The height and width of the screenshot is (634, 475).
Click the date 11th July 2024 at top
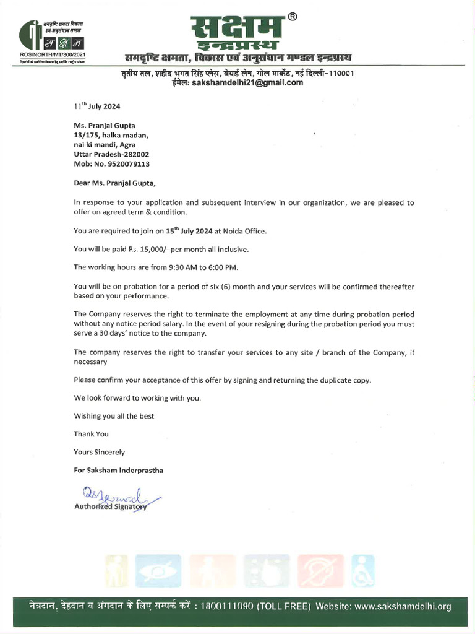[97, 106]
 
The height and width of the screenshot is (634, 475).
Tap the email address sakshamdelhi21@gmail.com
[248, 83]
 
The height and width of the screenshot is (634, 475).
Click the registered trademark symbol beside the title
[293, 17]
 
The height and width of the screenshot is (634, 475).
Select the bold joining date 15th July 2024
[184, 231]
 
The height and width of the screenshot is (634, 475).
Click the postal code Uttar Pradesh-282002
[111, 154]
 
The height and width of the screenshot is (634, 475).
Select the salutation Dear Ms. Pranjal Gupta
[115, 183]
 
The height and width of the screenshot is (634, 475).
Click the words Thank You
[91, 434]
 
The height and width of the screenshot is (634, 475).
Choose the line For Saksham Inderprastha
[118, 471]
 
